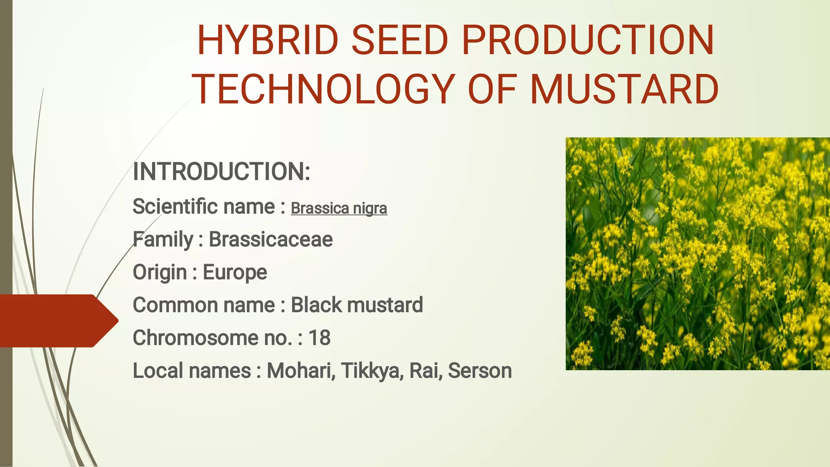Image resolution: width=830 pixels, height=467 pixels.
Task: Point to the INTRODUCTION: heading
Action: point(221,171)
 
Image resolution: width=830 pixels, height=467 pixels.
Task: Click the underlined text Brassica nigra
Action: point(339,208)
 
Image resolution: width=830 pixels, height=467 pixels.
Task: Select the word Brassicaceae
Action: point(271,239)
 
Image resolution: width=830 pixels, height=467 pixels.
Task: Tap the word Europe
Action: point(235,272)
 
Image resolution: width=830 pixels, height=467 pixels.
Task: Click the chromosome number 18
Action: point(319,337)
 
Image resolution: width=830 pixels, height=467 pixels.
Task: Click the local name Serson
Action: point(480,370)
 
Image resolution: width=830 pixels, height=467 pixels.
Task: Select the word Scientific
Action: point(175,206)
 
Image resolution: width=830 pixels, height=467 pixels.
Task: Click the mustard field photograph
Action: point(697,254)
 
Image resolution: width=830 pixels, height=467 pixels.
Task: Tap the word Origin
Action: point(159,272)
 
